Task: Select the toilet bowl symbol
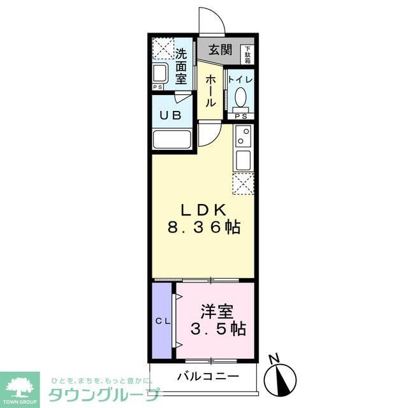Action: [241, 98]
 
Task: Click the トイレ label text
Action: [241, 80]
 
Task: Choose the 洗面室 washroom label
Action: [182, 67]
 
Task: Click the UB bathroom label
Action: [170, 115]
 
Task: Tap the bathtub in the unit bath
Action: [173, 140]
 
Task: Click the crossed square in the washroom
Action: [163, 48]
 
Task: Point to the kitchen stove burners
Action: [243, 135]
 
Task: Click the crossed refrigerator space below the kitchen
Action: [243, 184]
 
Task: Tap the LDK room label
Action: [203, 210]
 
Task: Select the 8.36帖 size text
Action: [203, 226]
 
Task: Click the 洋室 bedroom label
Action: [217, 312]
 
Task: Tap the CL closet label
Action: [162, 321]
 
